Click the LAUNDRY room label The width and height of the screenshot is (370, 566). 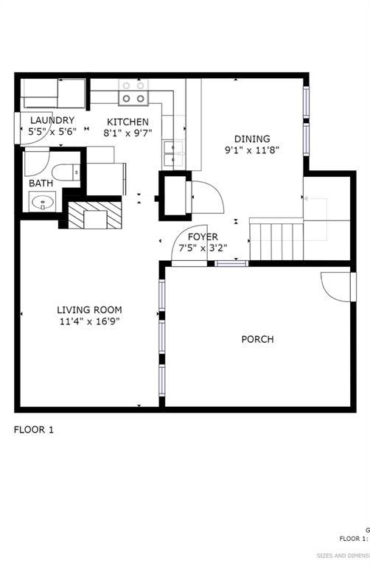point(52,120)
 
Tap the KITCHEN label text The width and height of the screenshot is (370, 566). point(128,122)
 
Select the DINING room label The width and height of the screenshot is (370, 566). point(252,139)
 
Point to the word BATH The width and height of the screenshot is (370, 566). point(41,183)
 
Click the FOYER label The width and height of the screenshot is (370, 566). point(202,237)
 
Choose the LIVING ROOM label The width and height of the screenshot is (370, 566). point(89,310)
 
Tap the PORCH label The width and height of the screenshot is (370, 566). point(257,339)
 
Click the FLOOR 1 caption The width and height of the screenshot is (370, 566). point(33,429)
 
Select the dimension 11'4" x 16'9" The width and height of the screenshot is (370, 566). point(89,321)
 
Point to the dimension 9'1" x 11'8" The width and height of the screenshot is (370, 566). point(252,150)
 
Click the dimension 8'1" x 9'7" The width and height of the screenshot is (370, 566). point(128,133)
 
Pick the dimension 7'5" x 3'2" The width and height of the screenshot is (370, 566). point(202,248)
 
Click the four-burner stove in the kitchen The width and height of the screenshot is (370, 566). point(133,91)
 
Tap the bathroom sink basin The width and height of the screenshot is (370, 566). point(41,200)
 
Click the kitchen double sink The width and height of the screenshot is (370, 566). point(173,153)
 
